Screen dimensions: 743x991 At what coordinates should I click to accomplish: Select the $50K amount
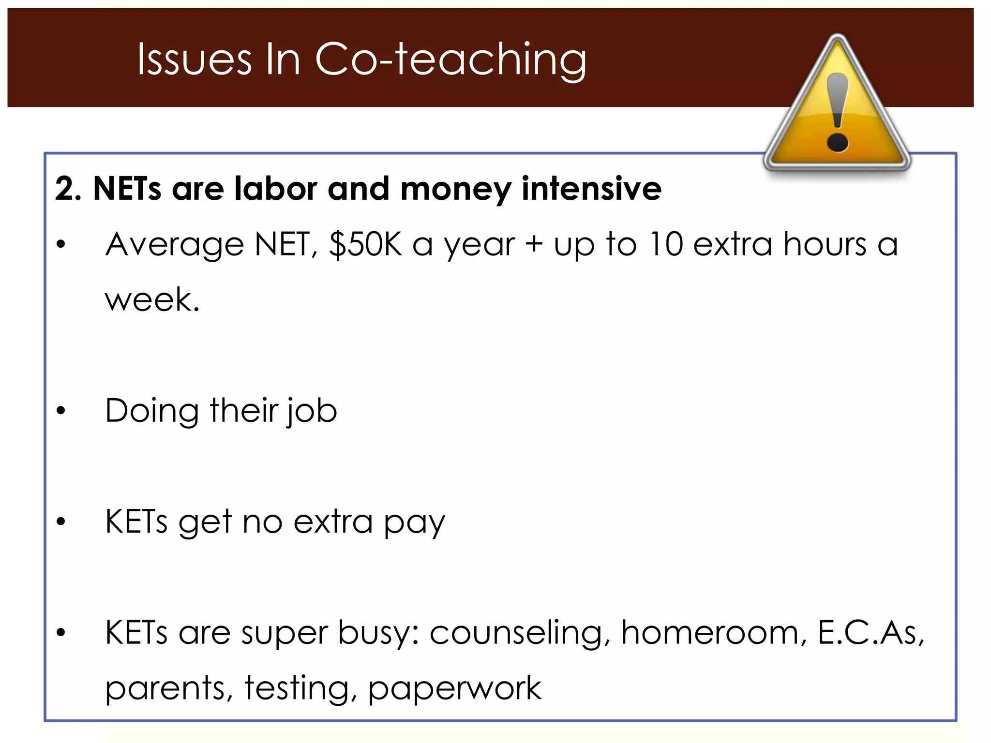pyautogui.click(x=365, y=244)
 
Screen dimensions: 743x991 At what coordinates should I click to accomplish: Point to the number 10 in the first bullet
pyautogui.click(x=665, y=244)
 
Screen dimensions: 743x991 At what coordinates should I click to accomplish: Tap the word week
pyautogui.click(x=152, y=300)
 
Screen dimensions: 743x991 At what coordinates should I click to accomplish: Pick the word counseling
pyautogui.click(x=516, y=634)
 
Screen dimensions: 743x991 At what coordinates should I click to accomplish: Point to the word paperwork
pyautogui.click(x=454, y=689)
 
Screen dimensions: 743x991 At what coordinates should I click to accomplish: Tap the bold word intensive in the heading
pyautogui.click(x=591, y=188)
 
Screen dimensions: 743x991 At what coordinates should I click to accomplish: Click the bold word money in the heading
pyautogui.click(x=455, y=189)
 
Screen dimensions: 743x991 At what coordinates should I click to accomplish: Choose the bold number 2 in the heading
pyautogui.click(x=65, y=188)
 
